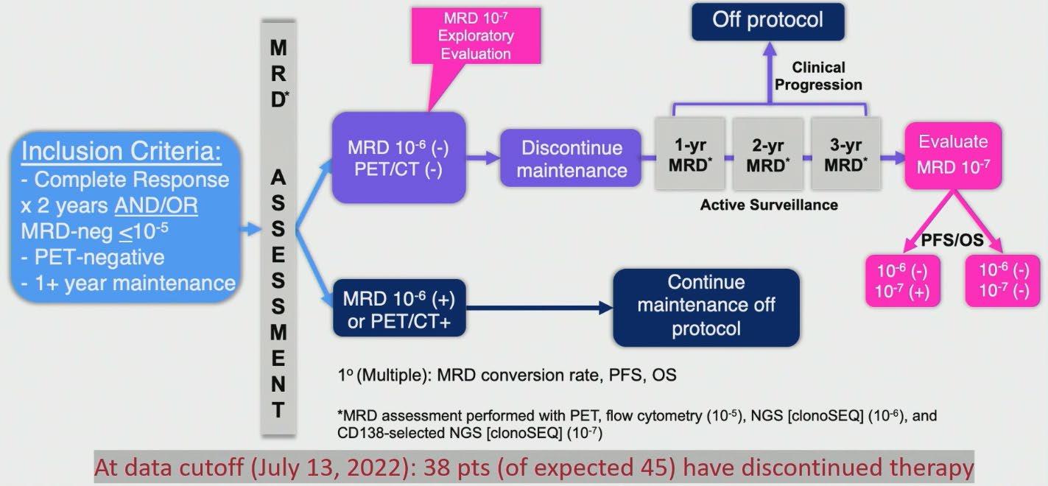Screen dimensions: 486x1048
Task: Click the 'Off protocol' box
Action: pyautogui.click(x=767, y=21)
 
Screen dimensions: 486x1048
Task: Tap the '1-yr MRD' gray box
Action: pyautogui.click(x=691, y=155)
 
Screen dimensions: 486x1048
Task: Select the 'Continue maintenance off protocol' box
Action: pyautogui.click(x=706, y=306)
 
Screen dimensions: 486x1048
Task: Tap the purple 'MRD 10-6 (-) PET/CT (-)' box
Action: pyautogui.click(x=398, y=158)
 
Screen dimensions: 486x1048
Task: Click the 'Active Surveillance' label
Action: pyautogui.click(x=768, y=205)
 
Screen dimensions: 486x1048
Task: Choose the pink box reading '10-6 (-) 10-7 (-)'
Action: pyautogui.click(x=1002, y=281)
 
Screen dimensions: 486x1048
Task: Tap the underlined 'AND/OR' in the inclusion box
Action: pyautogui.click(x=155, y=204)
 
